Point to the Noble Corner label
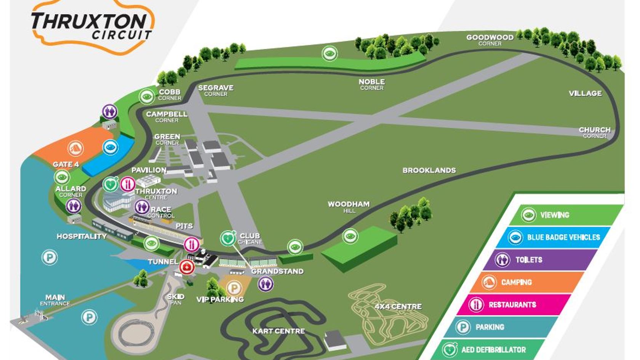(372, 84)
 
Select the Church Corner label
(594, 132)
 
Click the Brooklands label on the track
(429, 170)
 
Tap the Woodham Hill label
(349, 206)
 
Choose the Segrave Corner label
(216, 90)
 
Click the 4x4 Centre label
(398, 306)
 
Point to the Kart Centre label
(278, 331)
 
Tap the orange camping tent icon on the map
(75, 148)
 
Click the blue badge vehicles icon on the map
(110, 147)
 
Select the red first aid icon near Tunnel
(187, 267)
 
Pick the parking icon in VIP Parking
(235, 288)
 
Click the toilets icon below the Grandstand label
(266, 284)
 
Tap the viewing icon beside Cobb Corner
(147, 96)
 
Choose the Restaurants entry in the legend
(512, 305)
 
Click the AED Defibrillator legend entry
(493, 350)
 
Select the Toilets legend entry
(528, 260)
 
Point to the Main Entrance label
(55, 300)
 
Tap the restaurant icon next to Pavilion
(127, 184)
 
